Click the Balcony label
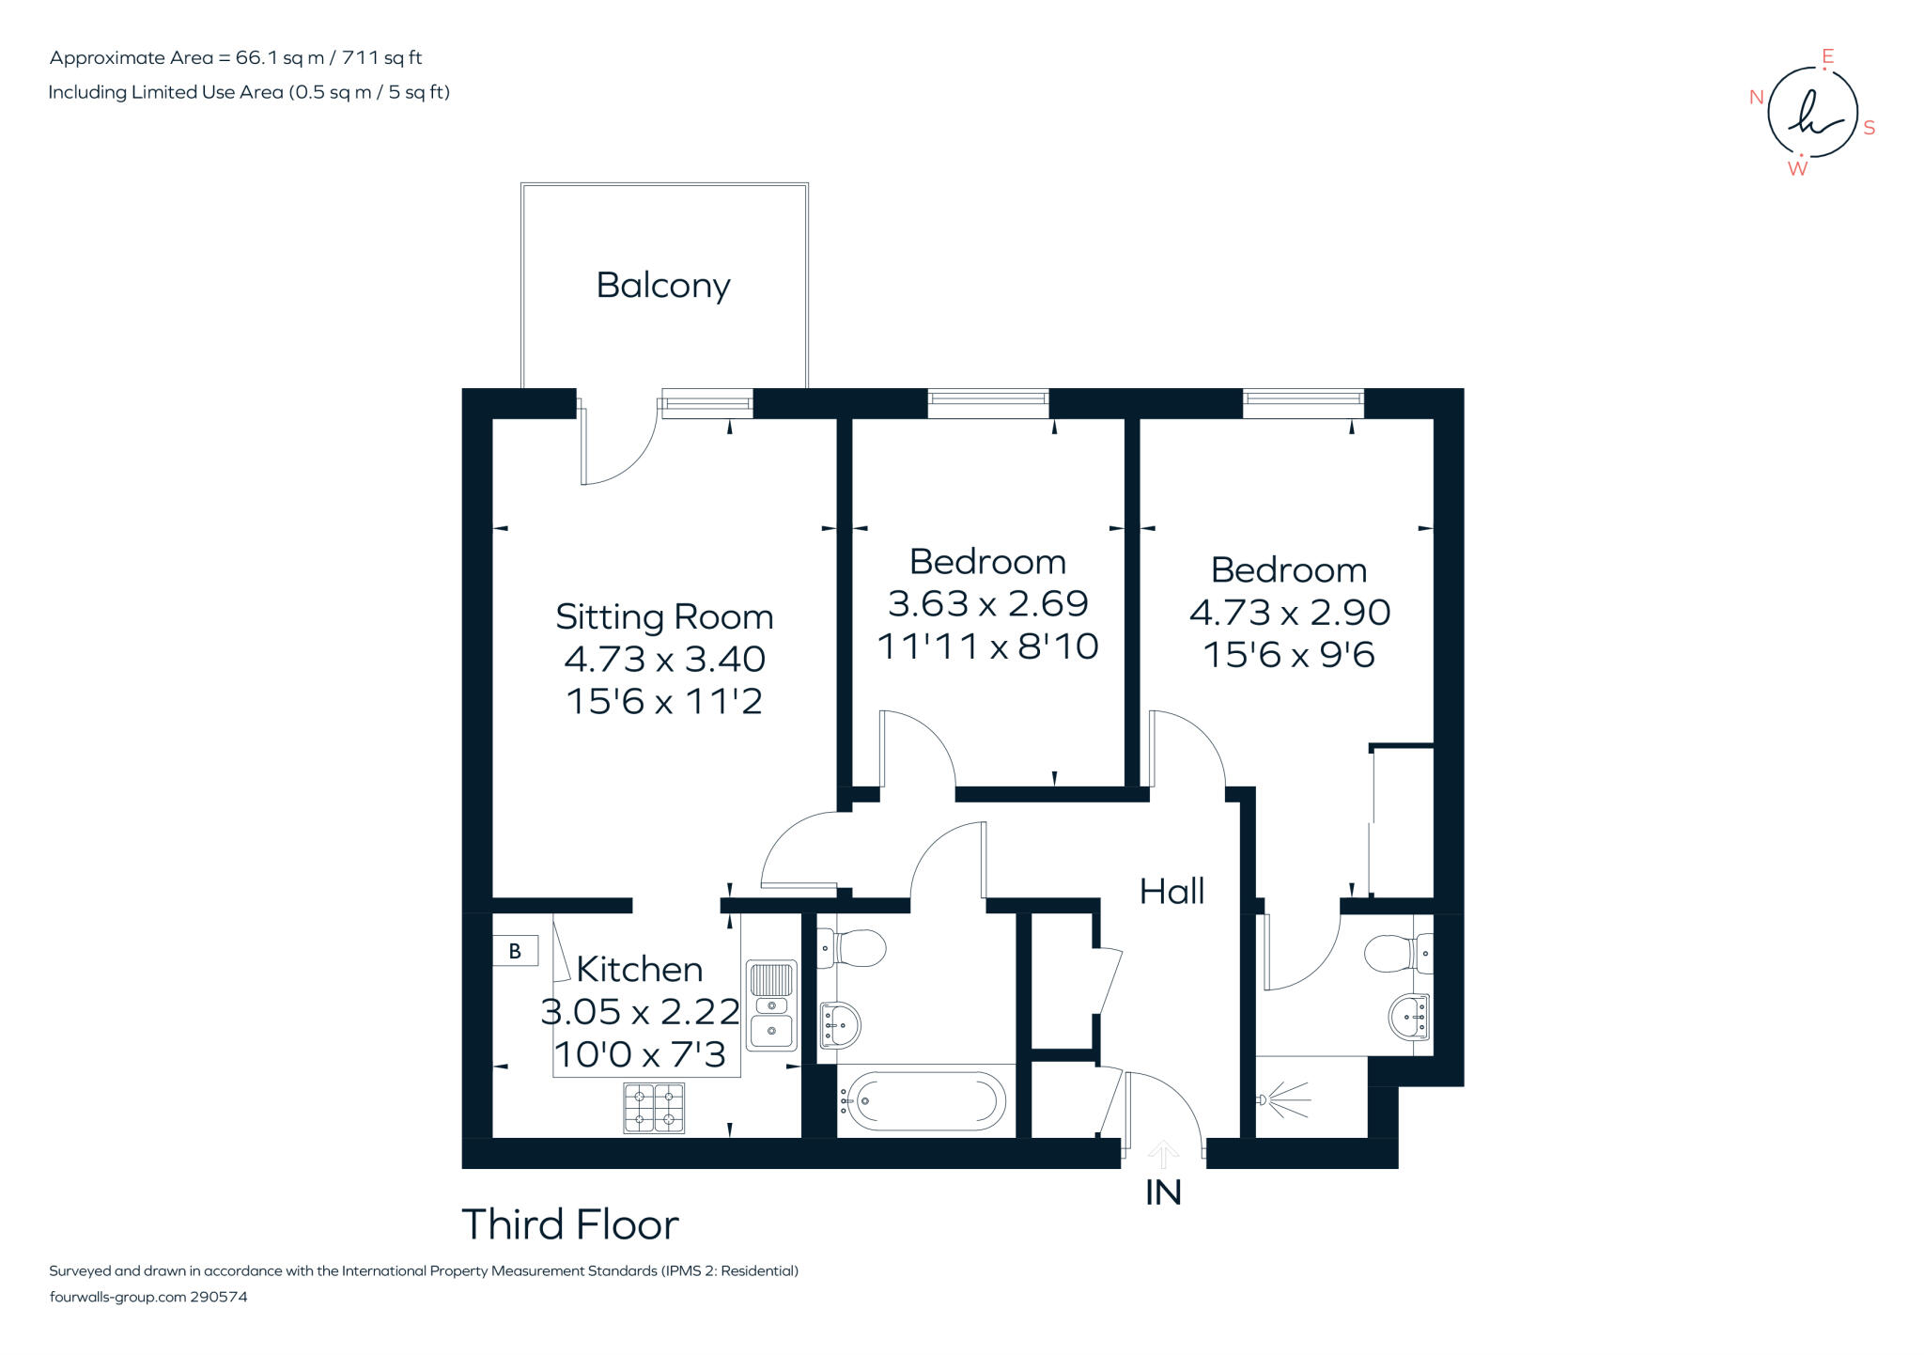click(663, 286)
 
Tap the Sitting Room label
click(664, 616)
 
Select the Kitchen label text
click(639, 969)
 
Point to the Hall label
click(1171, 891)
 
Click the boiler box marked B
click(515, 951)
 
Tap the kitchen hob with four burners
click(654, 1107)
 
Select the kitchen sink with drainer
click(771, 1005)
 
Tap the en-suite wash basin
click(1409, 1017)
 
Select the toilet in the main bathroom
click(851, 948)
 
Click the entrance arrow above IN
click(1164, 1155)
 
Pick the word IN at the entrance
click(1163, 1192)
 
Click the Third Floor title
click(570, 1224)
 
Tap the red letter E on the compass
click(1827, 57)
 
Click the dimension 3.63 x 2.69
click(988, 603)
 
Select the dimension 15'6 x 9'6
click(1289, 654)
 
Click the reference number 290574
click(219, 1297)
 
